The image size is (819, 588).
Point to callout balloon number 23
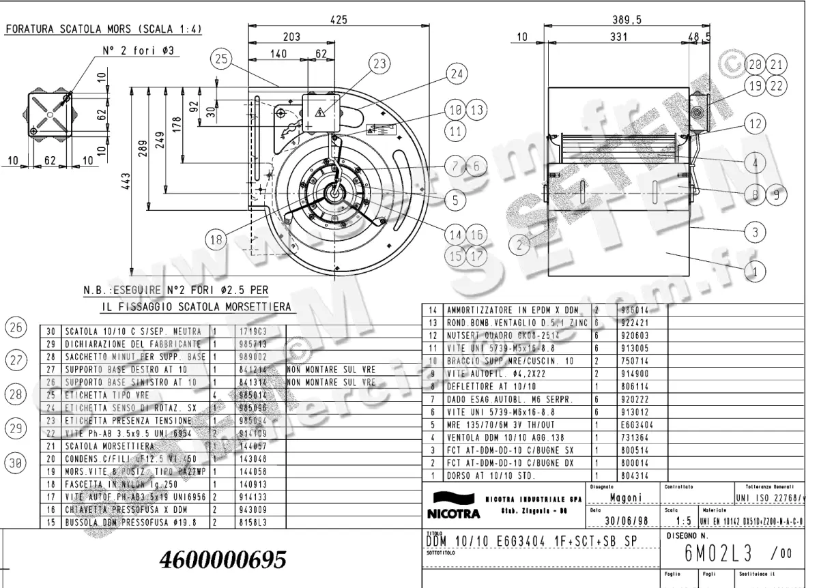[380, 63]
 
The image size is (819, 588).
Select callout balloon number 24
[457, 73]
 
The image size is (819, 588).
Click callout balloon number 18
[216, 239]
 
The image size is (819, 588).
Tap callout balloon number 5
[455, 199]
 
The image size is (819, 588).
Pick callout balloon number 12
[754, 124]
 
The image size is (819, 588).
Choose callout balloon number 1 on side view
[754, 272]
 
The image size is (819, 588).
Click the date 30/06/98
[624, 522]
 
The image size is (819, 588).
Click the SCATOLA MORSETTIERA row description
[104, 445]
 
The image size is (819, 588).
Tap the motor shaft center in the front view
[335, 193]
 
